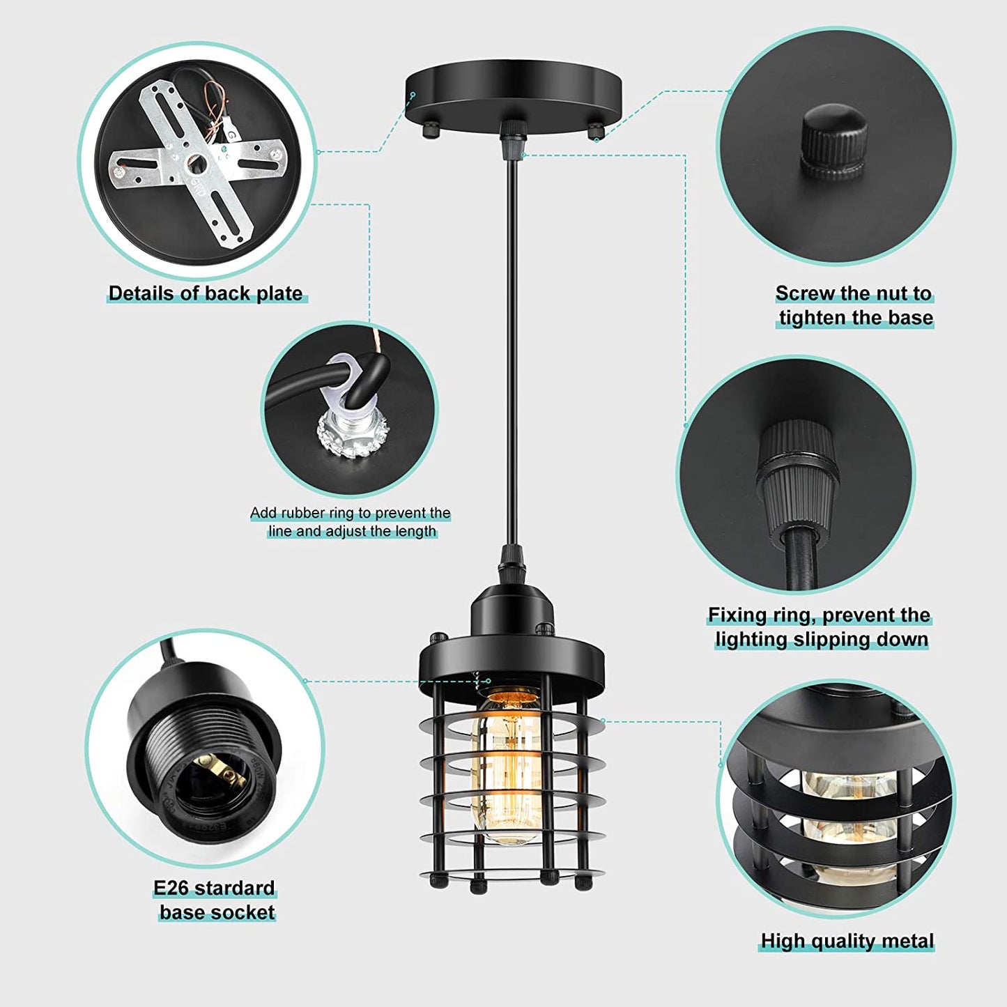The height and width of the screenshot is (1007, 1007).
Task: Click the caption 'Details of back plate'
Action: coord(206,293)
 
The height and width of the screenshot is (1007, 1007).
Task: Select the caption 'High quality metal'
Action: coord(847,941)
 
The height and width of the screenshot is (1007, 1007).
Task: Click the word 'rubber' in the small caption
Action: coord(304,513)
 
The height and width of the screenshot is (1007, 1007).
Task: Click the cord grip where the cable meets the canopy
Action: coord(512,137)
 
